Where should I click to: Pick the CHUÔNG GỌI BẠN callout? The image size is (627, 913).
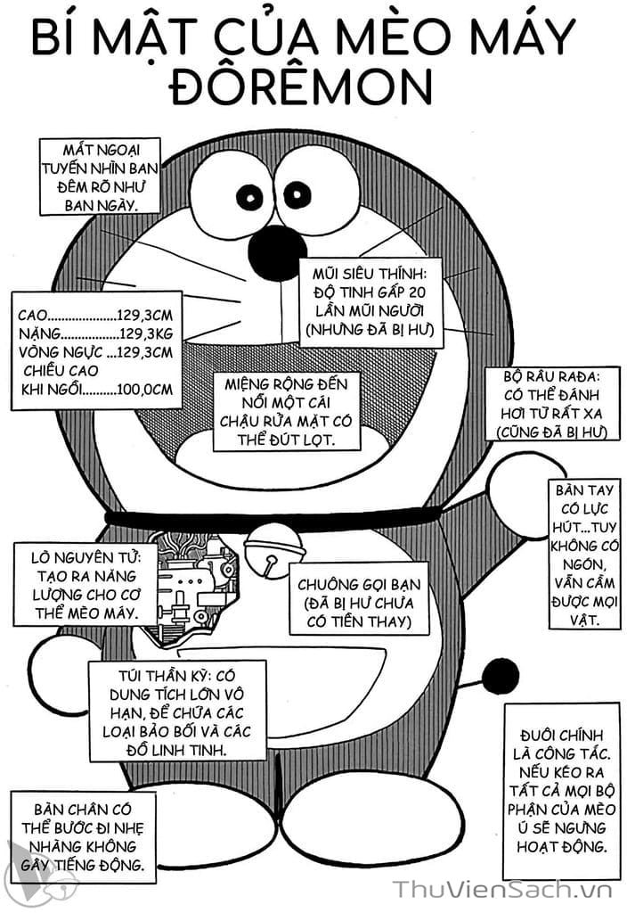click(x=359, y=603)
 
